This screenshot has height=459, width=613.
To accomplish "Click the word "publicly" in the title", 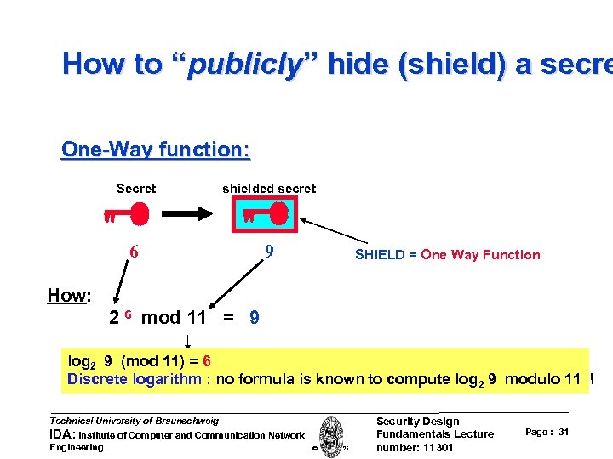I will (x=244, y=65).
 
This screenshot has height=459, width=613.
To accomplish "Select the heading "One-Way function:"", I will (x=156, y=150).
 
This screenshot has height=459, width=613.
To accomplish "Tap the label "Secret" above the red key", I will (x=136, y=189).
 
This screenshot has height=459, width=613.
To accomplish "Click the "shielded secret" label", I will (x=269, y=189).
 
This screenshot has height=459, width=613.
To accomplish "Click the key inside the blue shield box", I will (x=265, y=216).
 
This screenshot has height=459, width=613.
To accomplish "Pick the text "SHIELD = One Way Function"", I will (x=447, y=254).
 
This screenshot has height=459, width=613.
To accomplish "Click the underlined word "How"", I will (x=66, y=296).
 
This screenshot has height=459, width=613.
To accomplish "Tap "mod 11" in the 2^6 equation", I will (x=174, y=318).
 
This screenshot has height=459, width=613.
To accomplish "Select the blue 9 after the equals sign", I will (x=255, y=318).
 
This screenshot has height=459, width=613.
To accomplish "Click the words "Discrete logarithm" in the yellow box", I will (x=135, y=379).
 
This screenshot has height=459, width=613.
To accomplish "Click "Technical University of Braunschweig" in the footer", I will (x=135, y=421).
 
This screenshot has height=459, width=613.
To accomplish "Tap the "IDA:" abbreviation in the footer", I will (x=65, y=434).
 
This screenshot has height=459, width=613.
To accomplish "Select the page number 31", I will (x=564, y=433).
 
